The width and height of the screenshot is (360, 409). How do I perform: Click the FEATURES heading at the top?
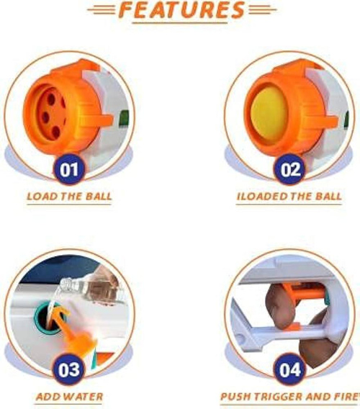pyautogui.click(x=181, y=10)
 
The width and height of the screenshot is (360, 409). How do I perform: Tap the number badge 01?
pyautogui.click(x=69, y=169)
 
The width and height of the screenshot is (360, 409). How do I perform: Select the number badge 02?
pyautogui.click(x=289, y=169)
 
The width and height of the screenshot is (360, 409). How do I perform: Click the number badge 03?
pyautogui.click(x=69, y=369)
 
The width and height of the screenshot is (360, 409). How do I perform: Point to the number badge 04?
pyautogui.click(x=289, y=369)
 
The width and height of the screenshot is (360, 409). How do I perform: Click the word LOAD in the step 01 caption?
pyautogui.click(x=42, y=196)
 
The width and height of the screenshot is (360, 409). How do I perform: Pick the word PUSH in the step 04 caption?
pyautogui.click(x=236, y=397)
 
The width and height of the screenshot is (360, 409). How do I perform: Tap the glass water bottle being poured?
pyautogui.click(x=91, y=289)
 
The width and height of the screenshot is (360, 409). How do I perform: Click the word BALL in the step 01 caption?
pyautogui.click(x=99, y=196)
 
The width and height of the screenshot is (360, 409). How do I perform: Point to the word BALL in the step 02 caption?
pyautogui.click(x=328, y=196)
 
